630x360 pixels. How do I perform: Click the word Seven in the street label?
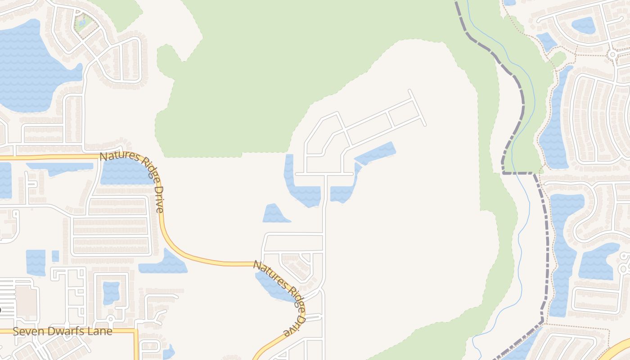tap(27, 332)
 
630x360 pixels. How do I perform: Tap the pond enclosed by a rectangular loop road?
tap(111, 292)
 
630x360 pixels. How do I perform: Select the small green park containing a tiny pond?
tap(83, 22)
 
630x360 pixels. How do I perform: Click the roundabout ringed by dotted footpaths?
tap(612, 54)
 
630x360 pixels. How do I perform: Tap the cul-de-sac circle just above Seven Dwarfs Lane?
tap(110, 319)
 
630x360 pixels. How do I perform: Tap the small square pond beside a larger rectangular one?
tap(55, 256)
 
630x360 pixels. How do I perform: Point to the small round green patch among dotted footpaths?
tap(558, 58)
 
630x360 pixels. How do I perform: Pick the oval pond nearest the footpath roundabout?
tap(584, 25)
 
